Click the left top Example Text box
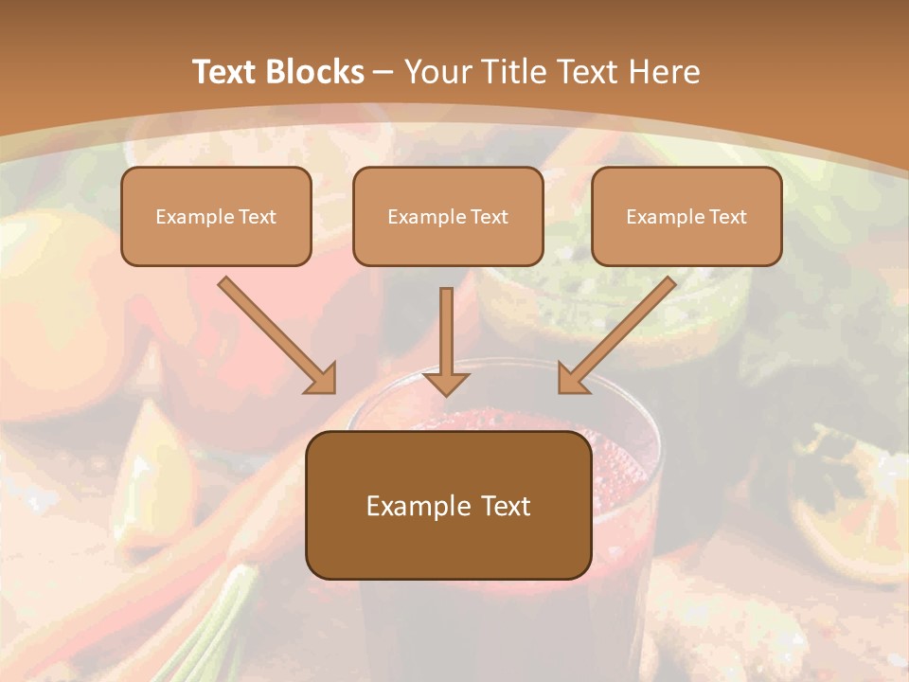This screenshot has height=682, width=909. point(216,217)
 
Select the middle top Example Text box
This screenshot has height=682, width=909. point(448,217)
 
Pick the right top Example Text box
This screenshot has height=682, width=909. point(686,217)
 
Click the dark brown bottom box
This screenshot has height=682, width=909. point(448,505)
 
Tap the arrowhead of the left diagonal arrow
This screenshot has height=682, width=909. point(321,378)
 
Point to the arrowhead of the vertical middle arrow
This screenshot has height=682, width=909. point(446,381)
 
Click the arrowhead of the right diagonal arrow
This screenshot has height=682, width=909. point(573,378)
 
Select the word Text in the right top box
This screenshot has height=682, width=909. point(728,217)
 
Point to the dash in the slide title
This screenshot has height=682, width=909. point(383,73)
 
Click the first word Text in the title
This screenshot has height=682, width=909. point(227,72)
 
